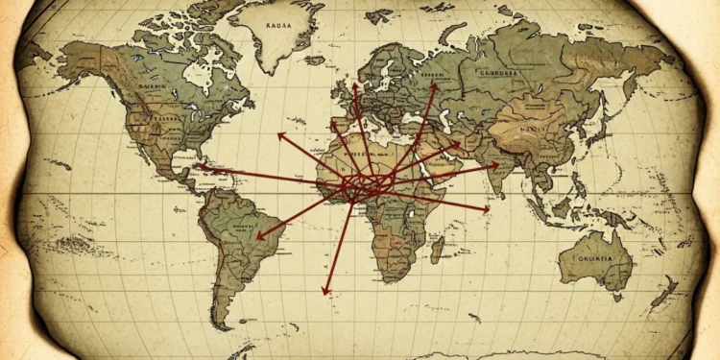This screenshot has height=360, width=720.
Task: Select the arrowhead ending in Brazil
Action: [x=259, y=236]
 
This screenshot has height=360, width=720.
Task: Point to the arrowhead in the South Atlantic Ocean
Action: [x=325, y=291]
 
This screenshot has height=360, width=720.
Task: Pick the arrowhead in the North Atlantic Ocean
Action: [x=280, y=135]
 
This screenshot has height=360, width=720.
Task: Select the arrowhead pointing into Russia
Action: [x=433, y=85]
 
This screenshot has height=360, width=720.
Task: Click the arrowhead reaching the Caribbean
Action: [x=198, y=168]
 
